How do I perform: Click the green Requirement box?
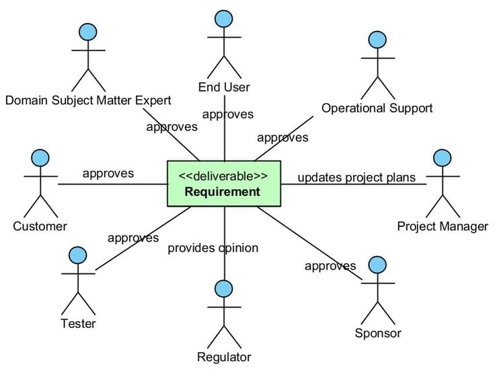(224, 184)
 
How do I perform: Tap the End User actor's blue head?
(224, 19)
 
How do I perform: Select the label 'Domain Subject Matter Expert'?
(88, 100)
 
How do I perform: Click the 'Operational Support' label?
(377, 108)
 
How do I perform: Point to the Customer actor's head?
(40, 158)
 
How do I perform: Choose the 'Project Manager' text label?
(443, 226)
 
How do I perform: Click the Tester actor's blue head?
(77, 255)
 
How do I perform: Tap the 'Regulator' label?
(224, 357)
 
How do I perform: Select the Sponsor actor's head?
(377, 265)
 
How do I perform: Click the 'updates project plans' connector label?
(356, 177)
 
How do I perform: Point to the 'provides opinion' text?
(213, 248)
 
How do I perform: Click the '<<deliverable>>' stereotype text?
(223, 176)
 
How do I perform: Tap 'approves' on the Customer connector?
(108, 174)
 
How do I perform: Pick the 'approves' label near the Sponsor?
(330, 266)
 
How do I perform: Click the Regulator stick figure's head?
(224, 289)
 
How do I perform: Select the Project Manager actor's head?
(443, 158)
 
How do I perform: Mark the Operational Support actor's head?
(377, 40)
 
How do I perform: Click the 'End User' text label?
(224, 88)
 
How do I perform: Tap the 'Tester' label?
(78, 324)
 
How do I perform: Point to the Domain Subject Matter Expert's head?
(88, 32)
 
